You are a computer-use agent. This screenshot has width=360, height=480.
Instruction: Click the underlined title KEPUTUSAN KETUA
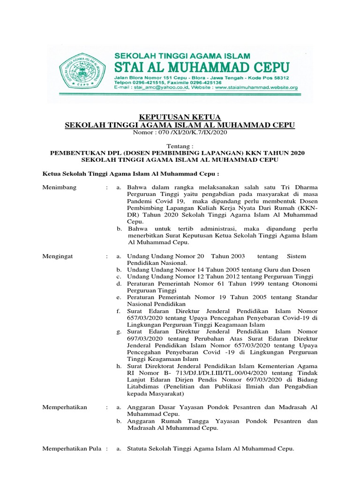click(x=180, y=117)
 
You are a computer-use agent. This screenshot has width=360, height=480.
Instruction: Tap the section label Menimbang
click(x=60, y=187)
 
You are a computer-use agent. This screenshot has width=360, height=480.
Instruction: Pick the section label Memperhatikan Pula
click(x=72, y=449)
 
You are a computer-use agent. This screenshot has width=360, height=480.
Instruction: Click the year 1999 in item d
click(x=242, y=284)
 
